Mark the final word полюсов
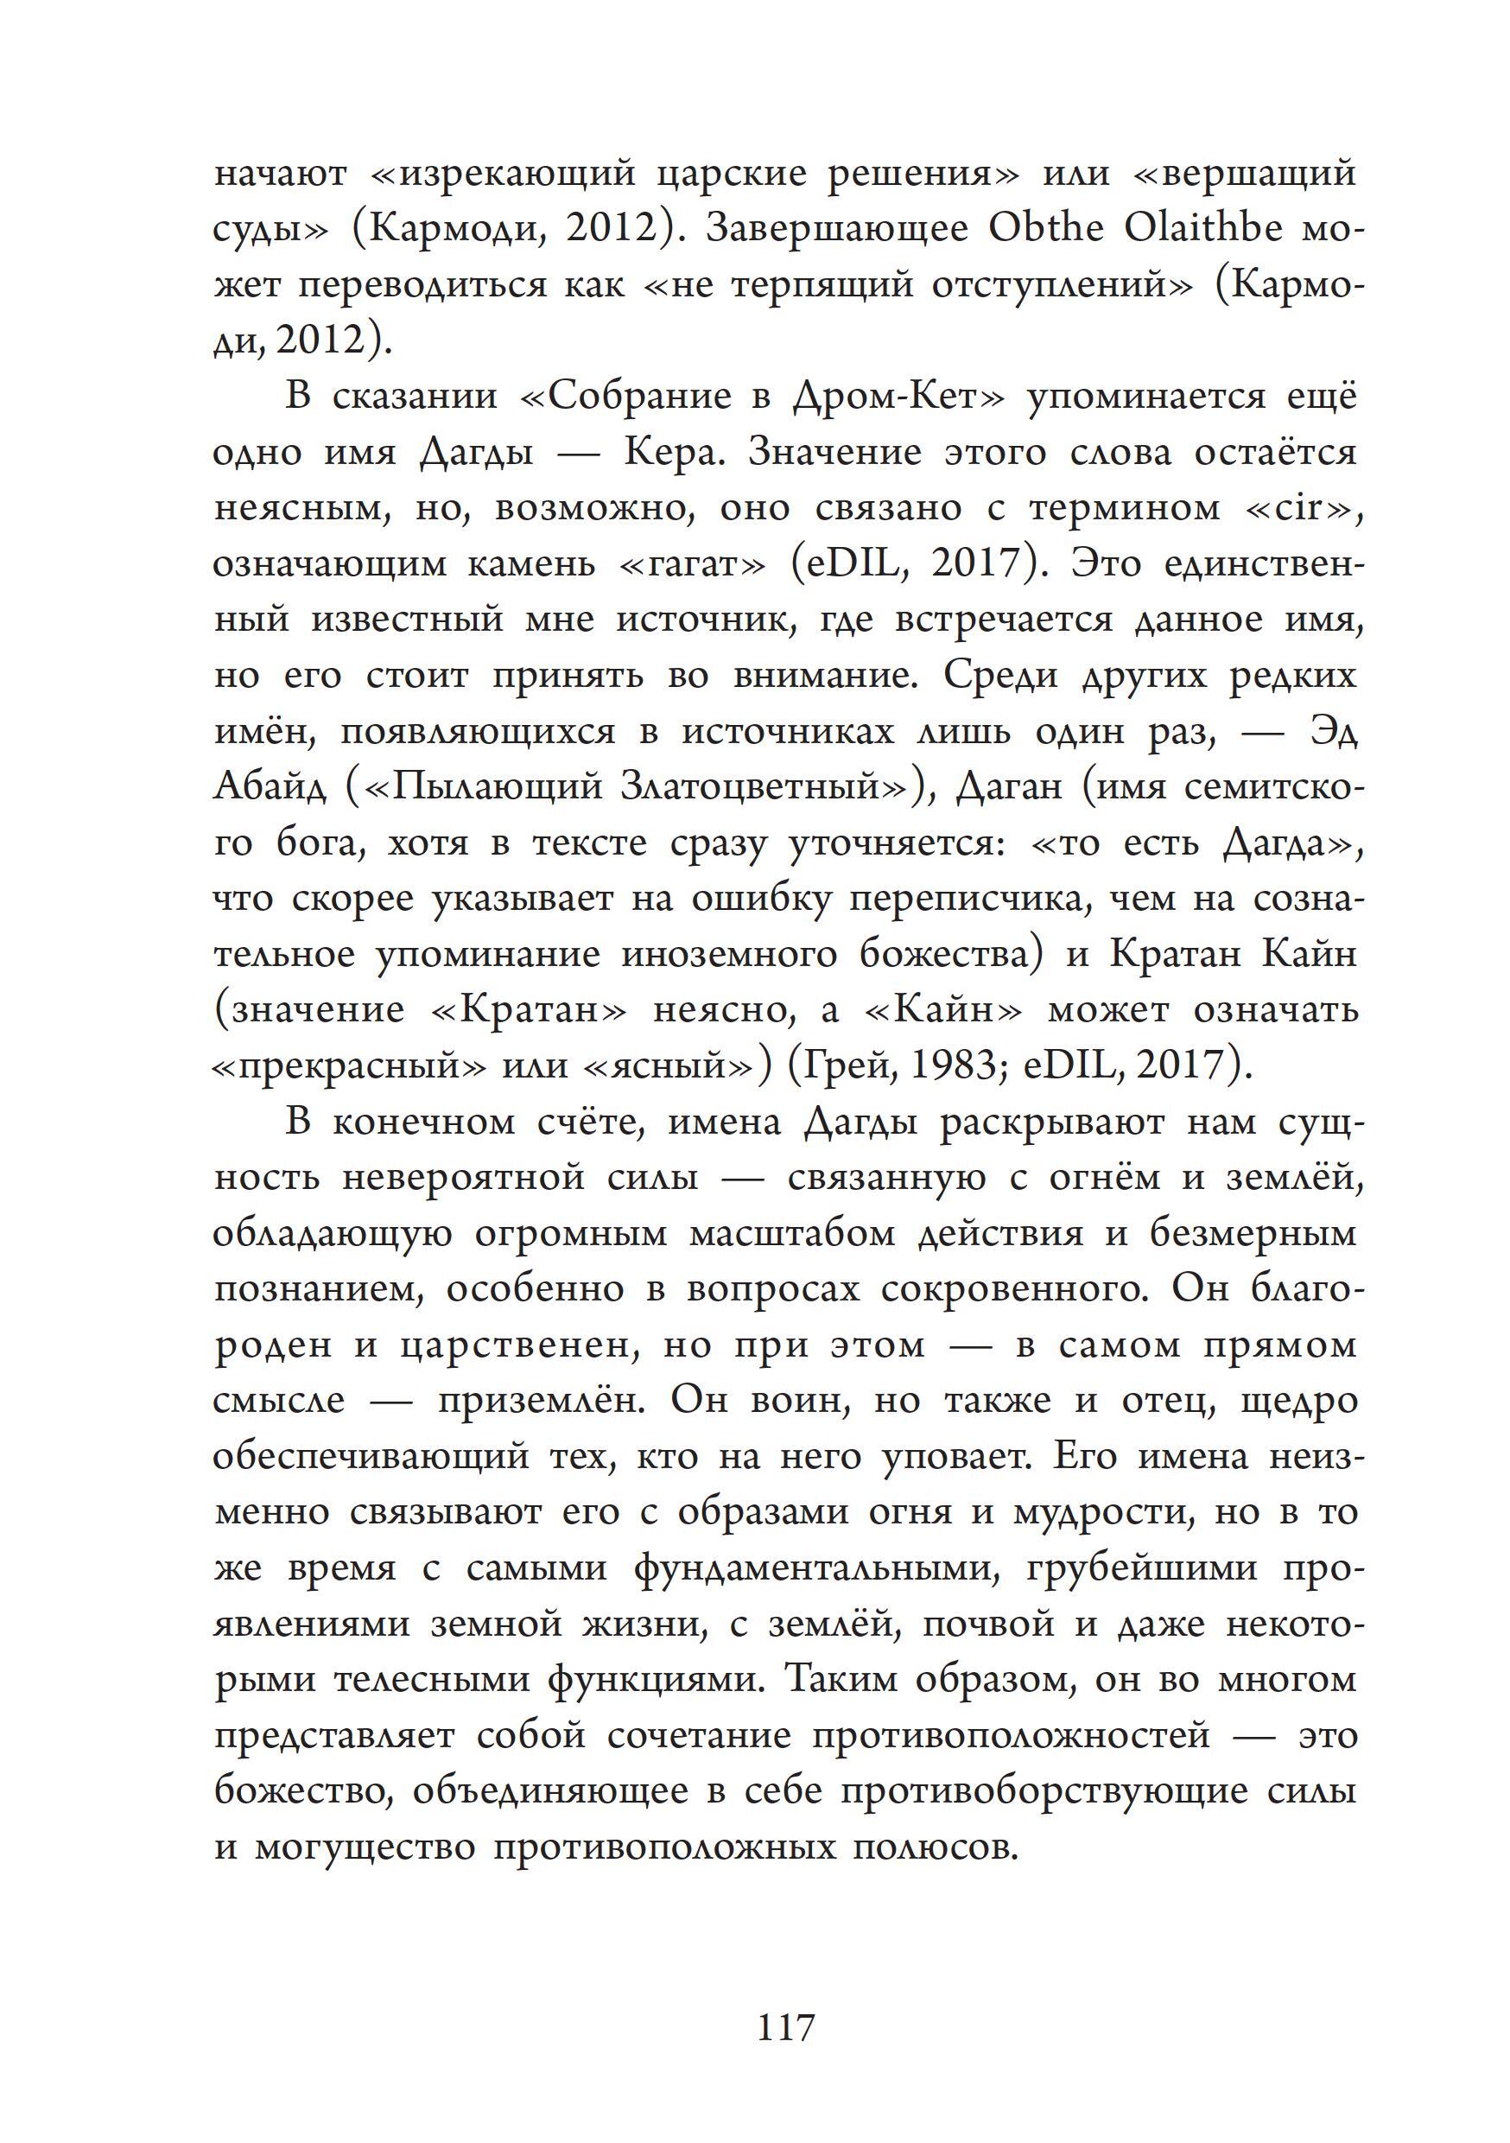[x=932, y=1848]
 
